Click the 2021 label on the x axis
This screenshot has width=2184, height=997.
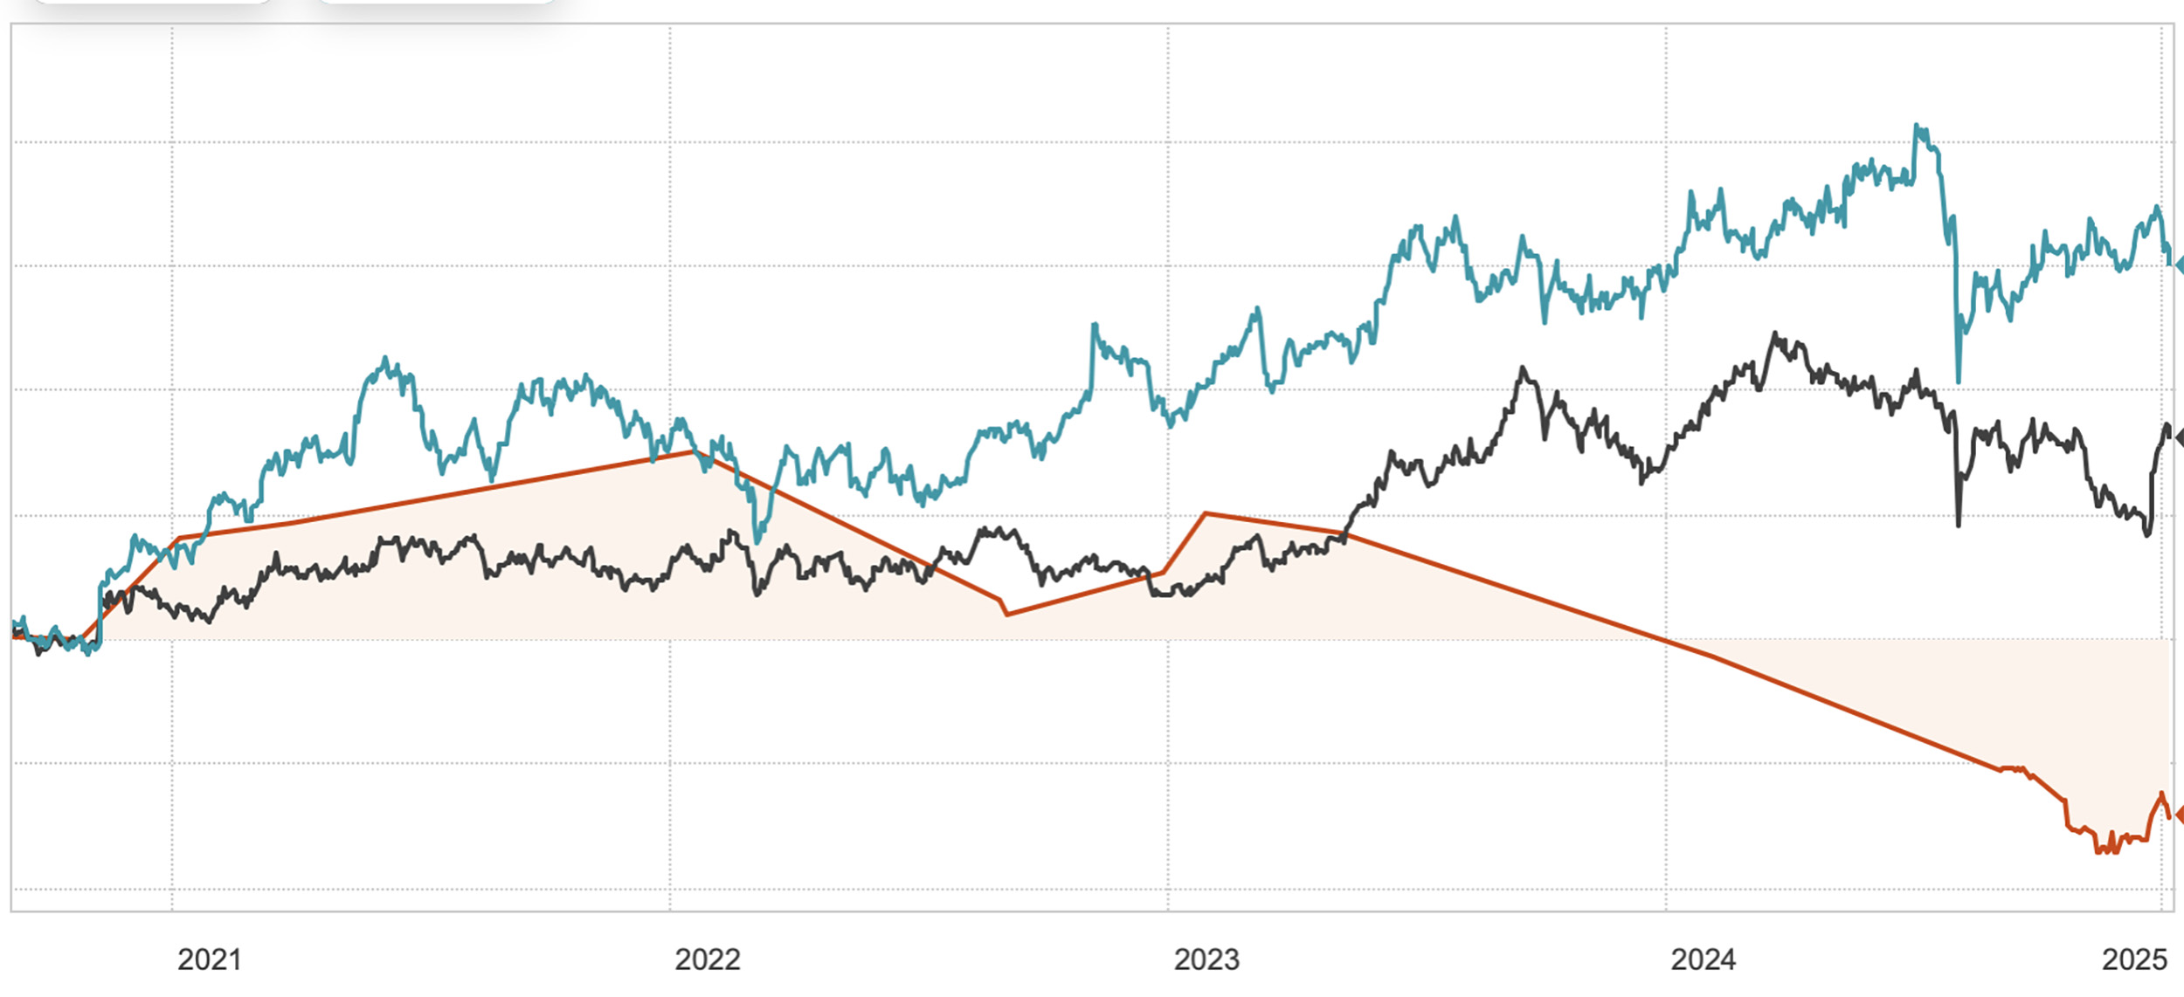[209, 959]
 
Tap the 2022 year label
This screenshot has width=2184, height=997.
[707, 959]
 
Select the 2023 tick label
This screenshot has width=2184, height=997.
[1206, 959]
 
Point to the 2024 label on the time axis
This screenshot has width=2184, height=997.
[1703, 959]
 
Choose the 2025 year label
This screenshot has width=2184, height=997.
[2134, 959]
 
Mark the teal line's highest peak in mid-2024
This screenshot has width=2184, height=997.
[1916, 127]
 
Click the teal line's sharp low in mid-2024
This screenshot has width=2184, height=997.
[1958, 382]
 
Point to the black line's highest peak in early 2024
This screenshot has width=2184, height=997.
[1775, 333]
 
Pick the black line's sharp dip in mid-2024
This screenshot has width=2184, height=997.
[1958, 525]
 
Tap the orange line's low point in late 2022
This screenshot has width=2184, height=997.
[1007, 615]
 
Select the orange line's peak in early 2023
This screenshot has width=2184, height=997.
[1206, 513]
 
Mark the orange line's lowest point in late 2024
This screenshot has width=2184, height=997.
[2098, 851]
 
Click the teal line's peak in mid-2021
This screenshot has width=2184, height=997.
[385, 359]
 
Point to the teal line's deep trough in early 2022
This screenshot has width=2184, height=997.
[757, 541]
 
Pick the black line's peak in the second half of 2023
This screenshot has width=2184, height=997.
[1523, 368]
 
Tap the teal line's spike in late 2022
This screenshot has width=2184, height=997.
[1094, 325]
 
